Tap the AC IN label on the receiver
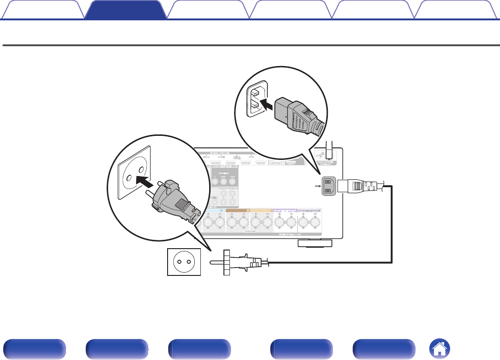point(318,185)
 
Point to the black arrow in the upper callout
point(268,100)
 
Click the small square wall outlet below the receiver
point(184,262)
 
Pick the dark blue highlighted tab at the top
point(126,10)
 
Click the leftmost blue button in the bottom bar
point(33,348)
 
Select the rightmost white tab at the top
point(456,10)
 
